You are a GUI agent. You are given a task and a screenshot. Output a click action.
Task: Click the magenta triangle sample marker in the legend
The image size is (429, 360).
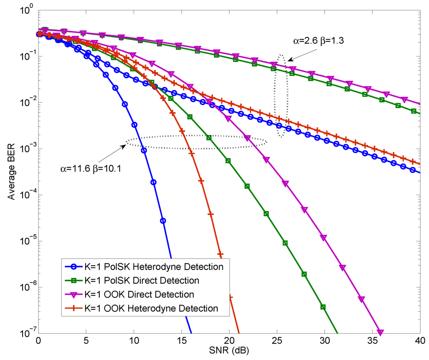tap(75, 294)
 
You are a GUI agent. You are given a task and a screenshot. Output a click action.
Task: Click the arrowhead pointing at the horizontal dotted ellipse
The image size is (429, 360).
tap(125, 144)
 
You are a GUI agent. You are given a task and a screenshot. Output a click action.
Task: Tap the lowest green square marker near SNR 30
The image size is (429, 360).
tap(323, 307)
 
